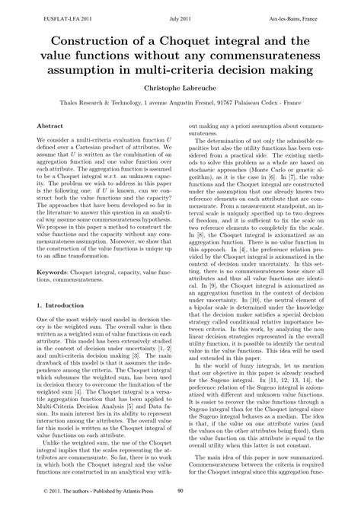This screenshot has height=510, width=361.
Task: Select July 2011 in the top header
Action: (x=180, y=6)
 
